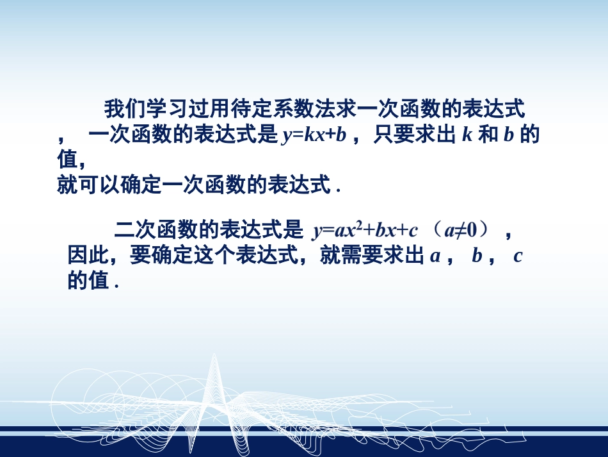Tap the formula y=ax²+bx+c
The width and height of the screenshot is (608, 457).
pyautogui.click(x=365, y=229)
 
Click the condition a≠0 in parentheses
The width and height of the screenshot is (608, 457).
pyautogui.click(x=463, y=229)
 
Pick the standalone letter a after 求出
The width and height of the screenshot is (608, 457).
pyautogui.click(x=435, y=256)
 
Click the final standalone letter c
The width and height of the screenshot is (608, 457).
pyautogui.click(x=518, y=256)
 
